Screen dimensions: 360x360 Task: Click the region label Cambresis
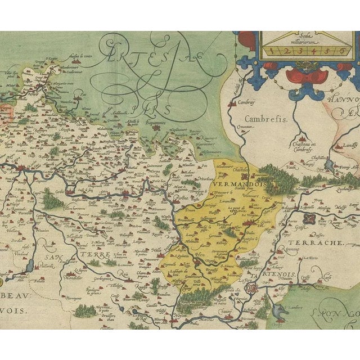click(266, 120)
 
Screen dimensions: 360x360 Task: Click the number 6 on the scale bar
click(340, 50)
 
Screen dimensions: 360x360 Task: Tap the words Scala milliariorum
click(305, 36)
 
